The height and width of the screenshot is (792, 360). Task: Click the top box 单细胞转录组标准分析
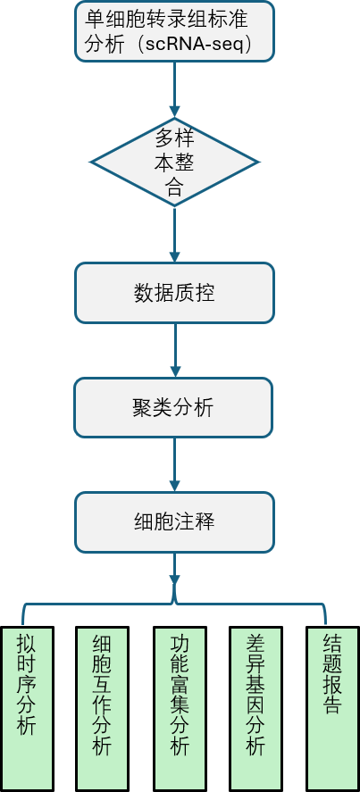click(174, 31)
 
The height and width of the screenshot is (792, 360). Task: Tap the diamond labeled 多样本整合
click(174, 163)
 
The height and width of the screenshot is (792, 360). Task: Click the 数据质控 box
click(174, 293)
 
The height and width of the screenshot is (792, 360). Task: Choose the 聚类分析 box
click(173, 407)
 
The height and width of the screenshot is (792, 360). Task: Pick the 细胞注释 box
click(174, 522)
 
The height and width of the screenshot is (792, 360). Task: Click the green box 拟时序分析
click(28, 709)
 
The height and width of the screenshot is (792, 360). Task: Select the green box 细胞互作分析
click(102, 709)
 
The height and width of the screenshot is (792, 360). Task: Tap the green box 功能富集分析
click(180, 709)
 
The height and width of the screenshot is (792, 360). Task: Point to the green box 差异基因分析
click(255, 709)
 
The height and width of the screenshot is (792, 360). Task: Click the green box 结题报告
click(332, 709)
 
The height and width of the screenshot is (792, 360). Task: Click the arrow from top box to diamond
click(175, 89)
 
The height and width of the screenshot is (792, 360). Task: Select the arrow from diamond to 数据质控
click(175, 234)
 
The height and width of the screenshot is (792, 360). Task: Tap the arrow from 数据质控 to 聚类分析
click(175, 350)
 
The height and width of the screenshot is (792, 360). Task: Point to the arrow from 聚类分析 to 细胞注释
click(175, 464)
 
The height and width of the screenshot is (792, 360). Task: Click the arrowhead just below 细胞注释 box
click(175, 579)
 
